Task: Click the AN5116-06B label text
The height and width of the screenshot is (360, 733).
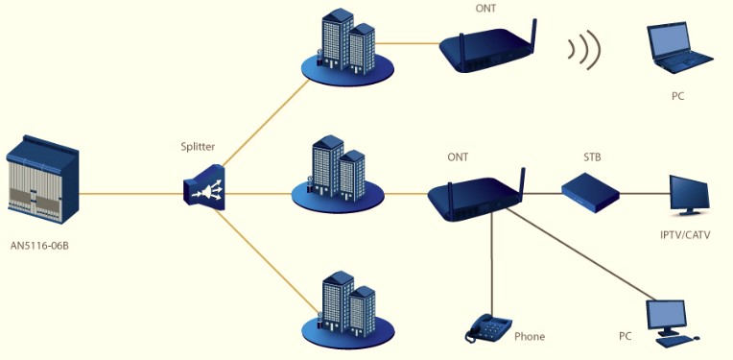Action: click(x=39, y=246)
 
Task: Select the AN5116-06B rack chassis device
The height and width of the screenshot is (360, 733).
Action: click(x=42, y=180)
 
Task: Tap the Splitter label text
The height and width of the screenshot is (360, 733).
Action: click(x=198, y=147)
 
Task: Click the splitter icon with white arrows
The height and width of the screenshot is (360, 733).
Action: click(x=204, y=186)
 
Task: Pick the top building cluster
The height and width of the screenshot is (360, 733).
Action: click(x=347, y=47)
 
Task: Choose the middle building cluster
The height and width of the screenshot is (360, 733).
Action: click(x=338, y=175)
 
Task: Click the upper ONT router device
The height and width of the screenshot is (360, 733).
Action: click(x=488, y=47)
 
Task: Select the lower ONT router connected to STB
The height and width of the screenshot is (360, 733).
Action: click(x=477, y=196)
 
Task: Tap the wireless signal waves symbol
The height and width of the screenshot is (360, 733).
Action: click(x=584, y=50)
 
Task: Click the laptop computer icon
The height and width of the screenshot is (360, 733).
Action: click(x=678, y=48)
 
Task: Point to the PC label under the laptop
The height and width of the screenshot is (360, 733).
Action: click(x=677, y=97)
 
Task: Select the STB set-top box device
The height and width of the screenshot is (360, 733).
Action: click(x=590, y=193)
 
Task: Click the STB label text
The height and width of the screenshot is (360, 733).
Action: click(x=592, y=157)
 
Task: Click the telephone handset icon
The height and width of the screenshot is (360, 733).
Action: click(x=488, y=327)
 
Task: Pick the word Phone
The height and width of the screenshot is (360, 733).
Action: click(x=530, y=336)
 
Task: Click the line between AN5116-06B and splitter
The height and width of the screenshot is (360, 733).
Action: click(x=131, y=193)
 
